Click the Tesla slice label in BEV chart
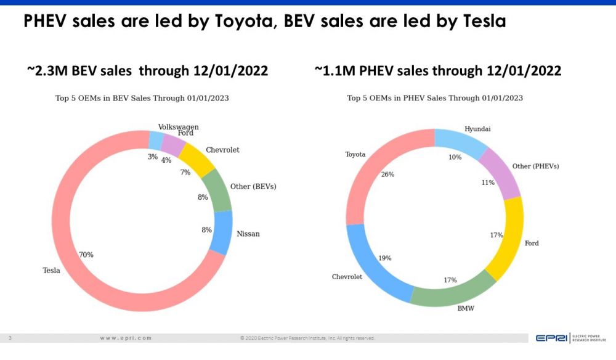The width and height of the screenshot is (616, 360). [x=51, y=270]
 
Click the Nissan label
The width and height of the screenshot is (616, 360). [x=248, y=234]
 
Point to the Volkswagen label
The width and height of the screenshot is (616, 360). [x=178, y=127]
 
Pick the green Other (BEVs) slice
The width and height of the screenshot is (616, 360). [x=217, y=190]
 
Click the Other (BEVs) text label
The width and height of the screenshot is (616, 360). [x=253, y=186]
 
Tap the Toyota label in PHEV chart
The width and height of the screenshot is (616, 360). [x=355, y=154]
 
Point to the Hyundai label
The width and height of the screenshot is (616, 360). [x=477, y=129]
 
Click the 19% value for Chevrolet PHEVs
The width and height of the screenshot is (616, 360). [x=385, y=258]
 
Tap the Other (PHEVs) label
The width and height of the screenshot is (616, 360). [x=539, y=166]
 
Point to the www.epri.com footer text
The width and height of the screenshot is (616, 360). [x=126, y=338]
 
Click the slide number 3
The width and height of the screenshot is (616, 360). [x=10, y=338]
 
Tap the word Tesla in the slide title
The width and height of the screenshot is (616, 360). [x=483, y=22]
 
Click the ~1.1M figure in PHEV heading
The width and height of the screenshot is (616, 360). [x=336, y=71]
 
